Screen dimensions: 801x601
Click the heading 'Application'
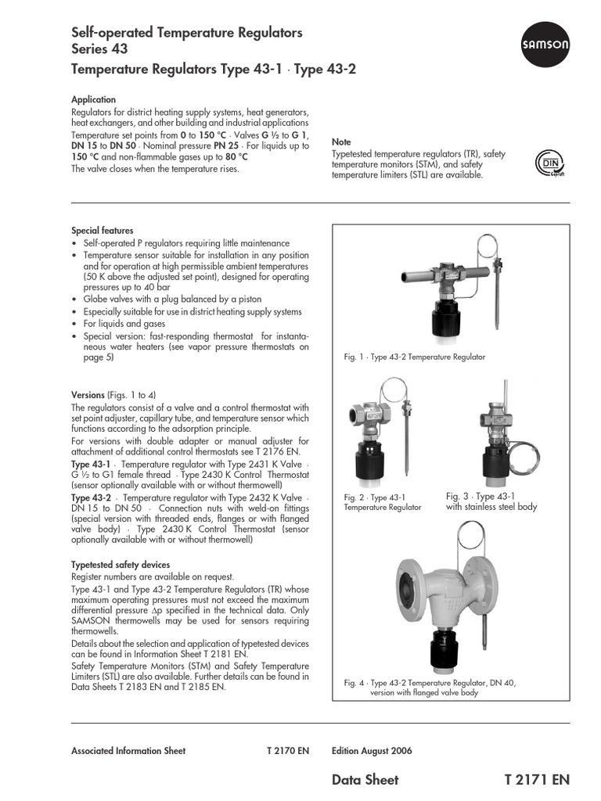click(93, 100)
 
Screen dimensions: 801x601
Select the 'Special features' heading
click(102, 231)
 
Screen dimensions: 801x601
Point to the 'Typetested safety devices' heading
click(120, 565)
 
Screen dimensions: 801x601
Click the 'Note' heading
click(341, 142)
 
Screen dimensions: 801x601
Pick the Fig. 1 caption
click(415, 357)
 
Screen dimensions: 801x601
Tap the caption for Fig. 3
click(491, 501)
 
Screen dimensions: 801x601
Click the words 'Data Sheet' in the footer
click(365, 780)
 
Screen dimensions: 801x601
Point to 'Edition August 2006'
click(372, 751)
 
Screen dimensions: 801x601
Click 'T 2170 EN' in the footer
click(288, 751)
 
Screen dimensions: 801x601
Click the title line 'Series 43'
click(101, 51)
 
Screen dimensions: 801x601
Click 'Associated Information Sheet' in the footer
click(128, 751)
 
